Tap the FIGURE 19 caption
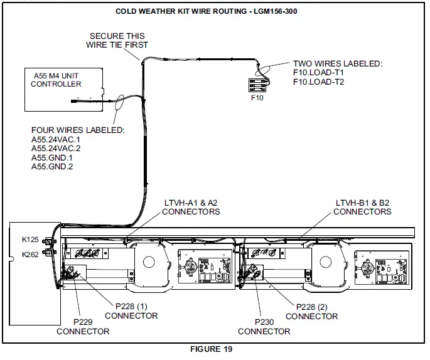[211, 349]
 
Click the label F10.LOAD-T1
[318, 73]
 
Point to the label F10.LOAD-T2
[318, 82]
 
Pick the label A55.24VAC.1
[56, 139]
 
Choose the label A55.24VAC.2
[56, 148]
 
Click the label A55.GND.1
[52, 157]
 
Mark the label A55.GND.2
[52, 167]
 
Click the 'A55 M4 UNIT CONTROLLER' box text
[56, 80]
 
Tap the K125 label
[30, 240]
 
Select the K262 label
[30, 255]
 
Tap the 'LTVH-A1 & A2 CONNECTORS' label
[191, 207]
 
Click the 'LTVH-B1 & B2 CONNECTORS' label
[362, 207]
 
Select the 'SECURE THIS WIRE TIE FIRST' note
[117, 41]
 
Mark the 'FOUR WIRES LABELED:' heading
[78, 130]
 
